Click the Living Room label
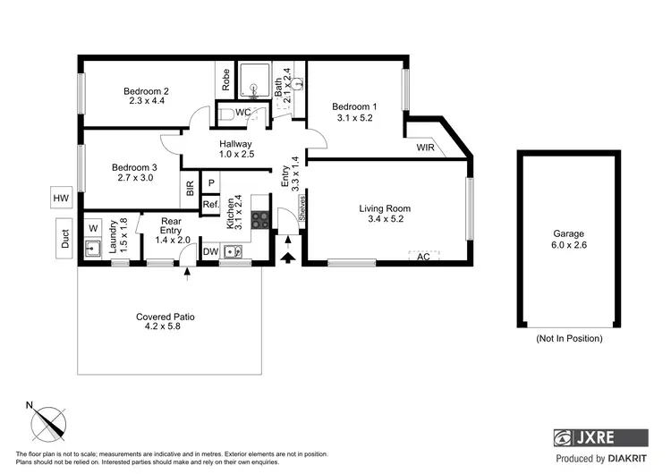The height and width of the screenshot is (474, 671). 386,208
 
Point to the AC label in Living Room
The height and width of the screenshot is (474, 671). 424,257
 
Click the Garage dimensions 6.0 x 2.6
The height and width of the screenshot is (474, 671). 569,244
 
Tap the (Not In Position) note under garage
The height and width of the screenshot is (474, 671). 569,339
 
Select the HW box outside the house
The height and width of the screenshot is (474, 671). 61,199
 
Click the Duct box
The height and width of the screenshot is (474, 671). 64,238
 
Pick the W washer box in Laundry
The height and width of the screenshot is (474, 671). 93,228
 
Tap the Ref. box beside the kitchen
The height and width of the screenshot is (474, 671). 210,205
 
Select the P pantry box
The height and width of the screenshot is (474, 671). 211,183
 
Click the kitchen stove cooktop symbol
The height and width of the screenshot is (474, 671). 260,219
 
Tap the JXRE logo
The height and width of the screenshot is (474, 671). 599,438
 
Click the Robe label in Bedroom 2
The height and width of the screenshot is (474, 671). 226,81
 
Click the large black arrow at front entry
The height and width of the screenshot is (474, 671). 288,258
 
